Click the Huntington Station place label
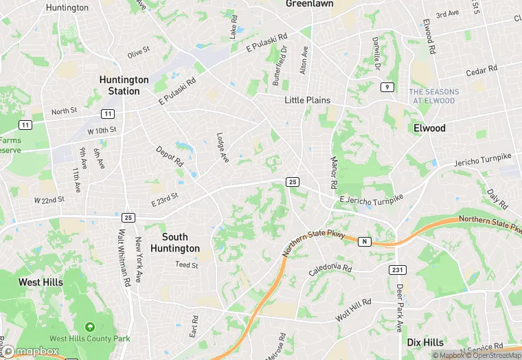(124, 85)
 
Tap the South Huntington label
(175, 243)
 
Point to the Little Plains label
(308, 100)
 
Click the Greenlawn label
(309, 3)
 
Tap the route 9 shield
(387, 87)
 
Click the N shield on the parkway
(363, 241)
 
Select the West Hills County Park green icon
(89, 326)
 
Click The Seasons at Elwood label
(433, 96)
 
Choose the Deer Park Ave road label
(400, 309)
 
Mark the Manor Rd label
(332, 172)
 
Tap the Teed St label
(186, 265)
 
